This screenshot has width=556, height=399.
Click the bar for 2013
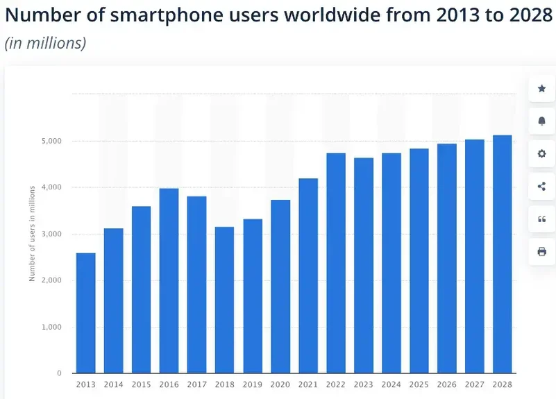coord(85,313)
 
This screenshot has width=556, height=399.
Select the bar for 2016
coord(169,280)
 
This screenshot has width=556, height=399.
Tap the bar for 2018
coord(224,300)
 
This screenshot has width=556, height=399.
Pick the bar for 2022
coord(336,263)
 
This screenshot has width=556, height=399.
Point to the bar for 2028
coord(503,254)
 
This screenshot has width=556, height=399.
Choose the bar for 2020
coord(280,286)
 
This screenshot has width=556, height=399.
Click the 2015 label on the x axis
coord(141,384)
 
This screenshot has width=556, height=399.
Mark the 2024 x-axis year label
coord(391,384)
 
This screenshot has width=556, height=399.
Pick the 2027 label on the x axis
coord(475,384)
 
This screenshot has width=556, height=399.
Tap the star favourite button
coord(542,89)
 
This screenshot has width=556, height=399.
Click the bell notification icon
coord(542,121)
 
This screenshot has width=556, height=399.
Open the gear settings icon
coord(542,153)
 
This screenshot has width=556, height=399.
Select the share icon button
coord(542,186)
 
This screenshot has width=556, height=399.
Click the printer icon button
coord(542,251)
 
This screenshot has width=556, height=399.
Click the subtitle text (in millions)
coord(46,43)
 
